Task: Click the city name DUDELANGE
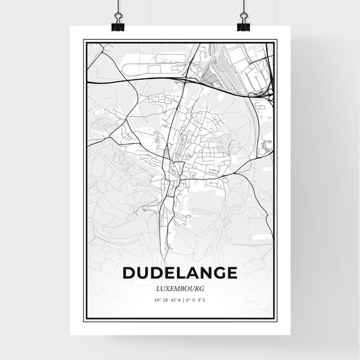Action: coord(180,273)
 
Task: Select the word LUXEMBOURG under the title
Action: coord(180,288)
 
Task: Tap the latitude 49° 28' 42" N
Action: coord(164,301)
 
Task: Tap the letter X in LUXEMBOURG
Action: coord(168,288)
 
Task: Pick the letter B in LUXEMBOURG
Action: coord(183,288)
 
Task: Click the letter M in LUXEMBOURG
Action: coord(178,288)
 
